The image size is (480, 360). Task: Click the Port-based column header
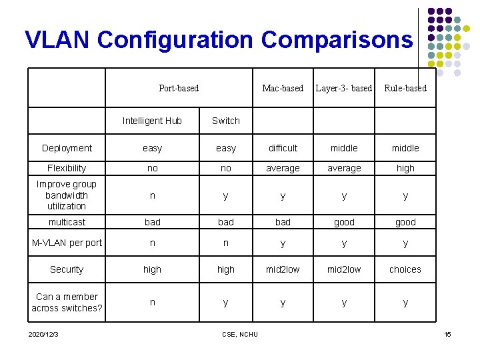179,88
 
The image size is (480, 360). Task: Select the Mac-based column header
283,88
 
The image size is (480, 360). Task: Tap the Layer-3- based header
343,88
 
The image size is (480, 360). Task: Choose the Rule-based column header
405,88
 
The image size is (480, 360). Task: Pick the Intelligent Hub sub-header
152,121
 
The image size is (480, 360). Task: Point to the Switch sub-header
225,121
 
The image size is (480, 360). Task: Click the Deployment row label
67,148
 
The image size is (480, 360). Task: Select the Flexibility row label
67,169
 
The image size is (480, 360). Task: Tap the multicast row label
67,222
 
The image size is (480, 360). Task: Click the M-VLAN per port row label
67,243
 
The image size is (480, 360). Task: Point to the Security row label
67,269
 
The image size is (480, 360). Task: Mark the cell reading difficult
283,148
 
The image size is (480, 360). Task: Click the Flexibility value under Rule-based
405,169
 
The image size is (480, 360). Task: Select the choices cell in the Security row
405,269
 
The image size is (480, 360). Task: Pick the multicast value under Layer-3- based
344,222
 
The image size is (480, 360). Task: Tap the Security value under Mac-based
283,269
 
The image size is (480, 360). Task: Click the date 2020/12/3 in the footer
43,334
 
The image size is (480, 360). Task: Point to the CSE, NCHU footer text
240,334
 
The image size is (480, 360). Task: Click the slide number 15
447,334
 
